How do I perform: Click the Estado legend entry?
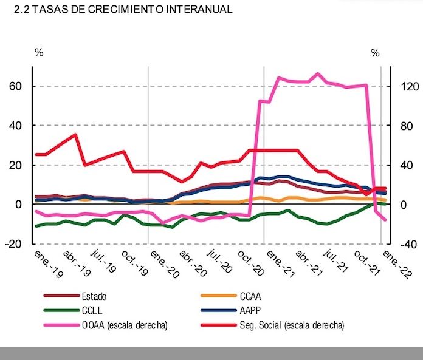click(94, 296)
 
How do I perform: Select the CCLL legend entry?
click(92, 311)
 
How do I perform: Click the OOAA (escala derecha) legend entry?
click(125, 325)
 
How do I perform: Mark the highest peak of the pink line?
click(318, 73)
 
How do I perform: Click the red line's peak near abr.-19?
click(75, 135)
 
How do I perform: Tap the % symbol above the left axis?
click(39, 53)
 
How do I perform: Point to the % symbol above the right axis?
click(375, 53)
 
